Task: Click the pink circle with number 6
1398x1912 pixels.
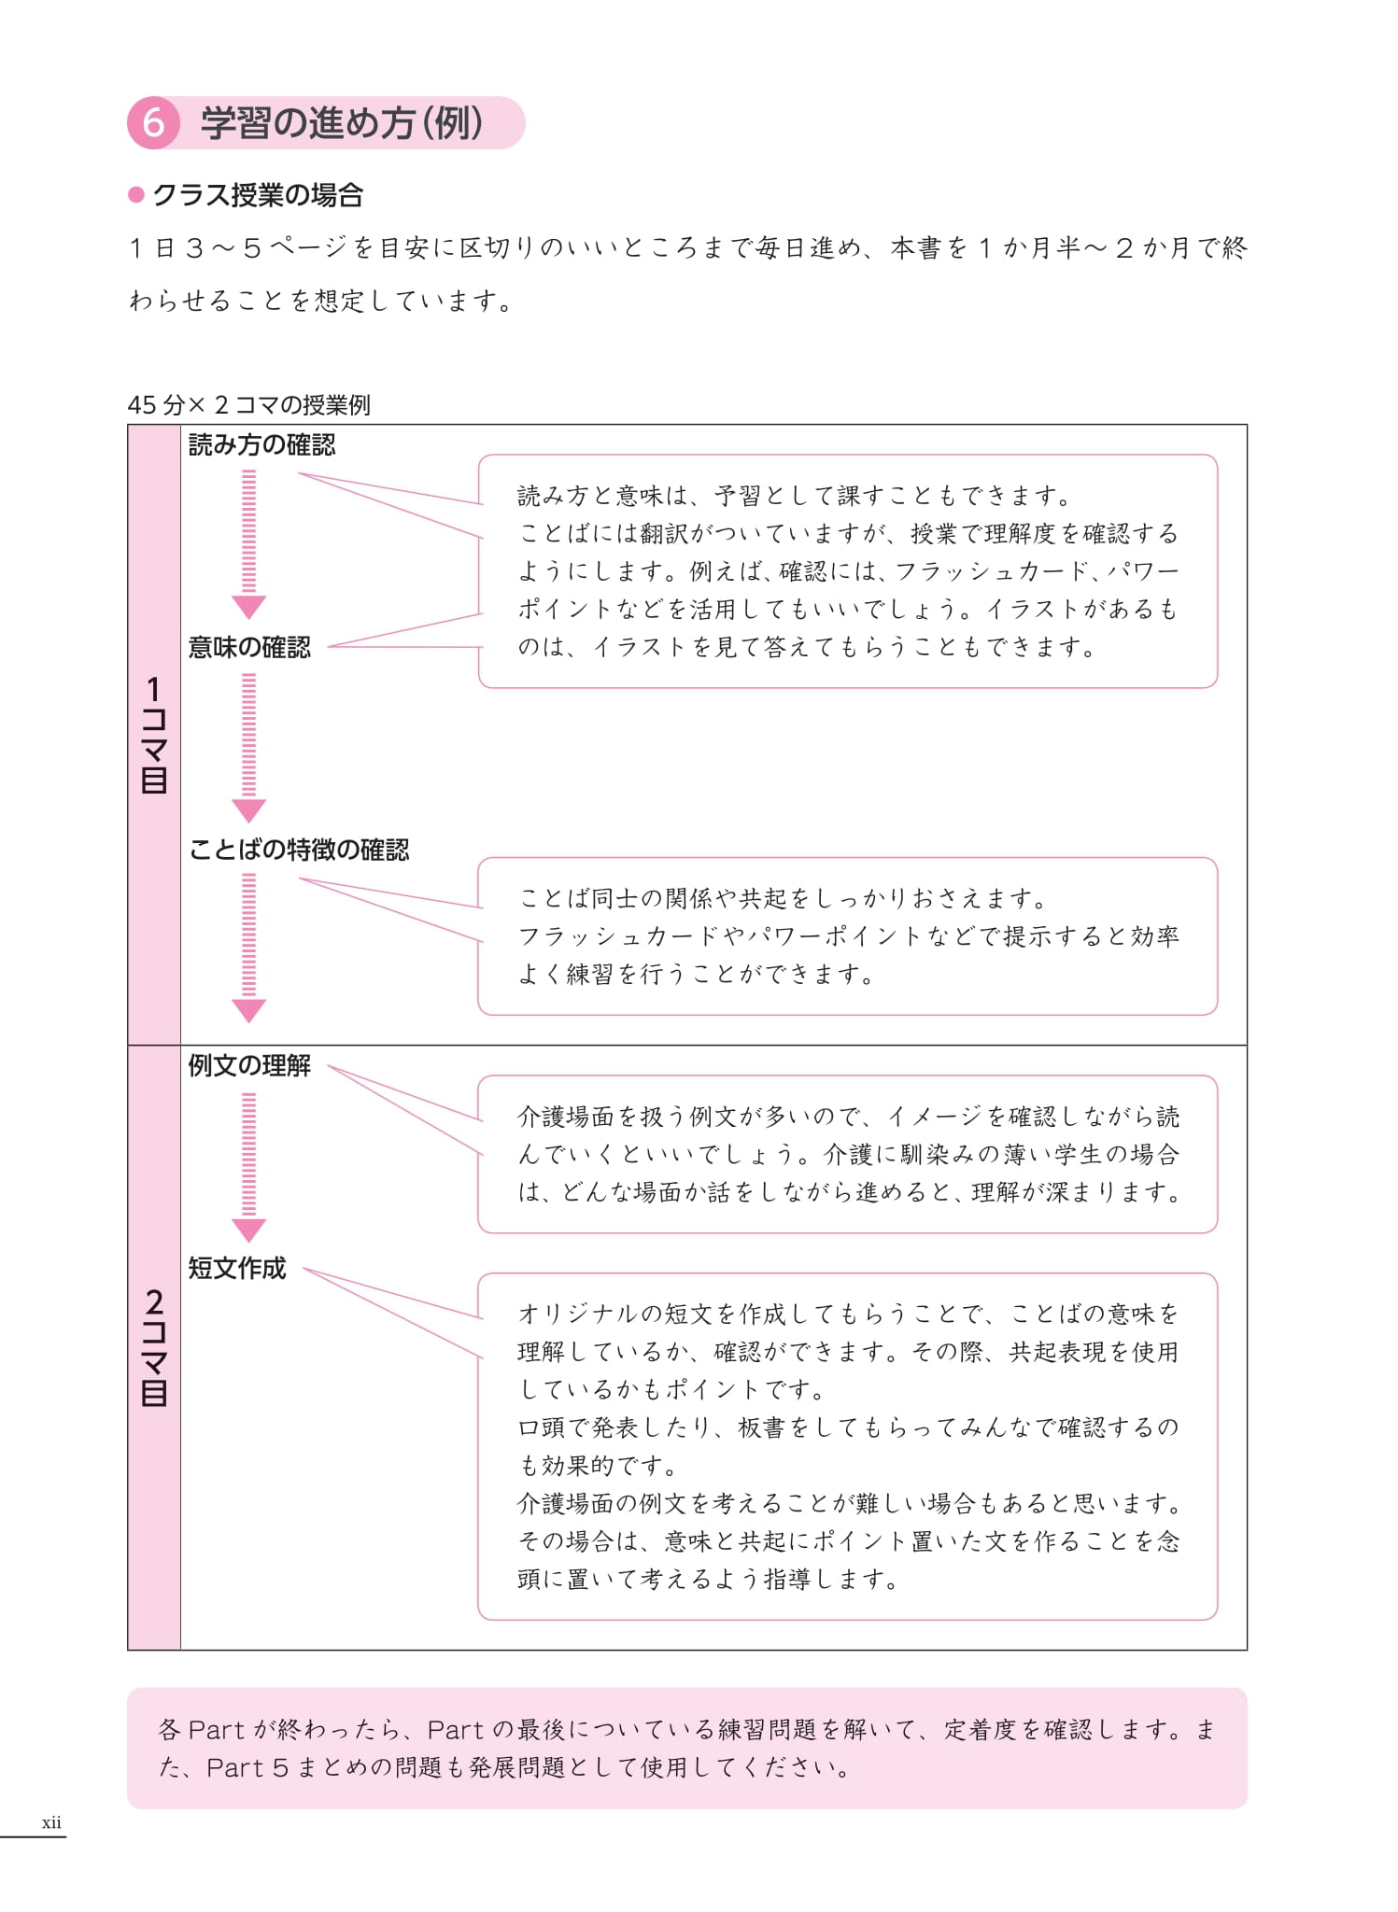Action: [x=153, y=123]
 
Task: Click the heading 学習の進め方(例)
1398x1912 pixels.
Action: [x=342, y=123]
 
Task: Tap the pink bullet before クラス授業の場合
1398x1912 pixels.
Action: [x=136, y=194]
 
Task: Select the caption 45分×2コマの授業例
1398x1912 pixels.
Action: [x=248, y=404]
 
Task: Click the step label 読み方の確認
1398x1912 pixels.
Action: [x=261, y=445]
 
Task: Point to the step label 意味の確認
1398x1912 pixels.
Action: [x=249, y=647]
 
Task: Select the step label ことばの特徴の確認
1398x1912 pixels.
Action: [x=299, y=850]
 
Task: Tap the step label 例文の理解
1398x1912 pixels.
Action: [x=249, y=1065]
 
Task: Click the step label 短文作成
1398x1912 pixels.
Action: [x=237, y=1268]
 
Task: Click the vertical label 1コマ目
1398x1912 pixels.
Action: [x=154, y=735]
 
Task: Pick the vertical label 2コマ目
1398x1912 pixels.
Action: [x=154, y=1347]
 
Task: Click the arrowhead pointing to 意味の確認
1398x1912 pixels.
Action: [x=248, y=607]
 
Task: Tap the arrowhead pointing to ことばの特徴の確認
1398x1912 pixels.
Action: [x=248, y=809]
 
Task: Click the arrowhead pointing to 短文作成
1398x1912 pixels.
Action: [x=248, y=1230]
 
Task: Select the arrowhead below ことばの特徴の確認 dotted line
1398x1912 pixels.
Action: [x=248, y=1010]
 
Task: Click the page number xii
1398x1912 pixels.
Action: [x=51, y=1821]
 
